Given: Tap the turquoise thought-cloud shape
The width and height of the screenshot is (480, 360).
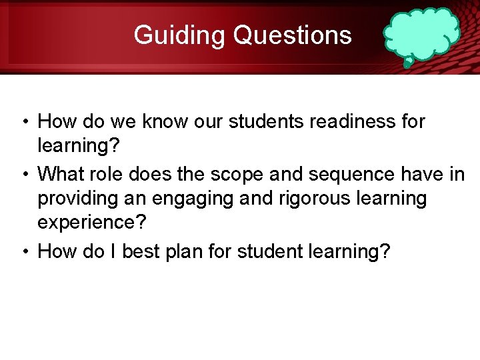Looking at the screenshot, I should [x=421, y=35].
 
